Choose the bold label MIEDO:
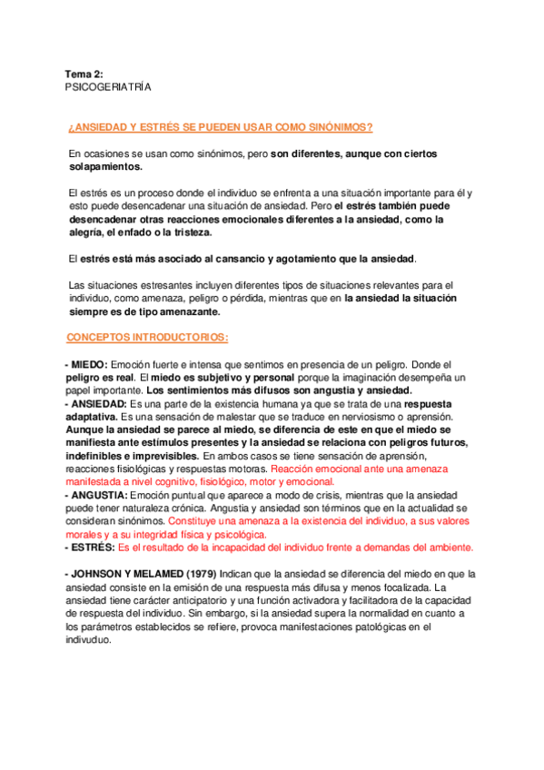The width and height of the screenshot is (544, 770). (x=89, y=363)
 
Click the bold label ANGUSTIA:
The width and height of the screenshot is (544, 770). (x=99, y=496)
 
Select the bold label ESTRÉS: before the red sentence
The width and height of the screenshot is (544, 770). (x=92, y=548)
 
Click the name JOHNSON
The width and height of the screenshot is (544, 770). (x=100, y=575)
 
